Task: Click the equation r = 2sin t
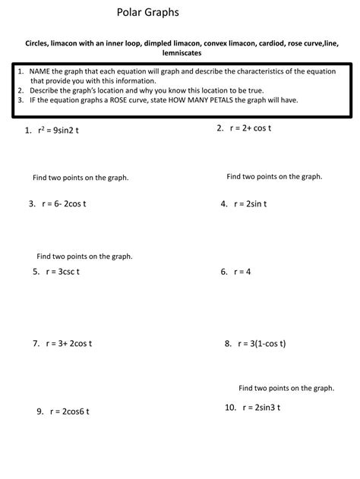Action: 250,203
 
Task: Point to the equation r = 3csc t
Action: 63,271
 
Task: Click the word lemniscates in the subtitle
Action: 180,53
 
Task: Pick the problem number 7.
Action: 36,343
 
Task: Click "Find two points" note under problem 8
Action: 286,387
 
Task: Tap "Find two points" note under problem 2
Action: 274,176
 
